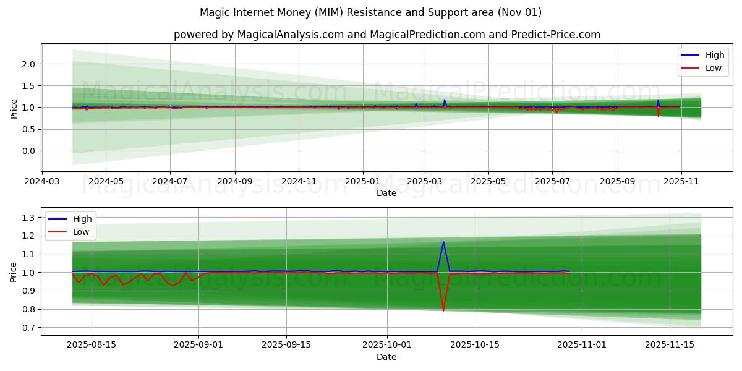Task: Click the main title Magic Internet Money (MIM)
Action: tap(370, 12)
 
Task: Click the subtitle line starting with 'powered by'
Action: tap(386, 35)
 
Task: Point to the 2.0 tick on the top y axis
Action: tap(28, 64)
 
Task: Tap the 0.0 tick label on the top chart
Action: tap(28, 151)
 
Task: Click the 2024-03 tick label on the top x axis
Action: tap(42, 182)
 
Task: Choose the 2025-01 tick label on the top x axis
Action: tap(362, 182)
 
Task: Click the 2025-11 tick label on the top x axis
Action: tap(681, 182)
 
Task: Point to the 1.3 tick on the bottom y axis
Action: tap(28, 218)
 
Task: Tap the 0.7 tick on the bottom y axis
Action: tap(28, 328)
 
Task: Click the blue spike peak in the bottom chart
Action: tap(443, 242)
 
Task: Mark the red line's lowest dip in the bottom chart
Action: tap(443, 310)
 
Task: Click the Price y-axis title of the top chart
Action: tap(14, 108)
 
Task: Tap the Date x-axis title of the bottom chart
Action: tap(386, 357)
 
